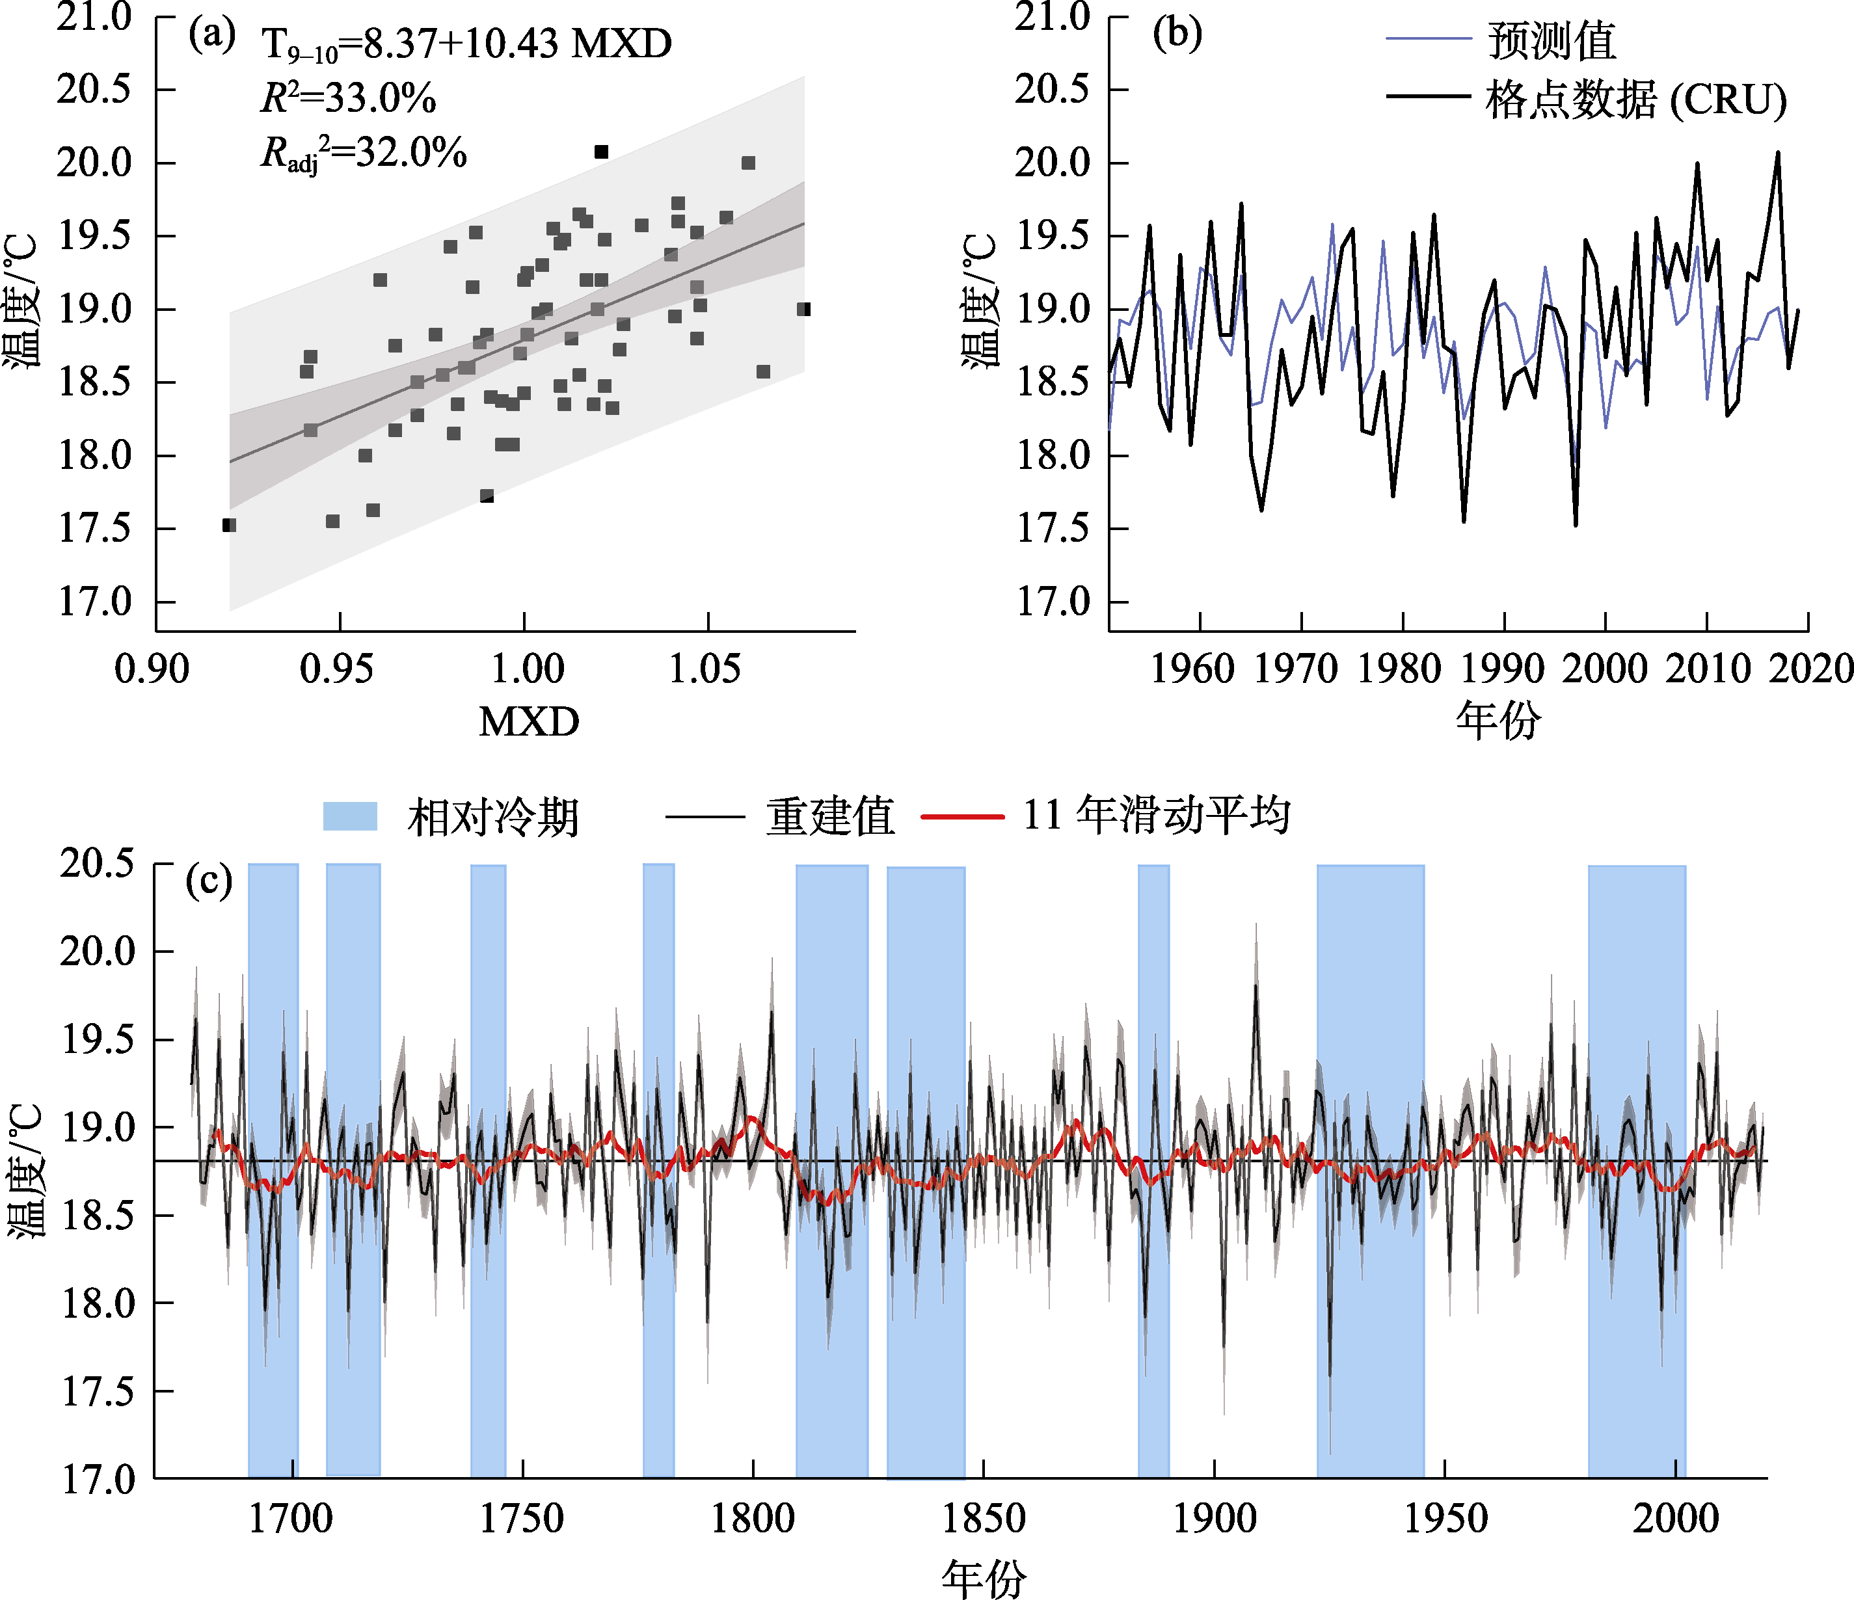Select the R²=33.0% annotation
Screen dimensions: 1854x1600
pyautogui.click(x=348, y=98)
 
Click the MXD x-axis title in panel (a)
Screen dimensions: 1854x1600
pyautogui.click(x=529, y=721)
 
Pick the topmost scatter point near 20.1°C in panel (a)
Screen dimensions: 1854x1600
pyautogui.click(x=601, y=152)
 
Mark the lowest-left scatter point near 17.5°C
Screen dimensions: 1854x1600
pyautogui.click(x=229, y=526)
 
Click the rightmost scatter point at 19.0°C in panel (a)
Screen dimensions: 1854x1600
pyautogui.click(x=805, y=310)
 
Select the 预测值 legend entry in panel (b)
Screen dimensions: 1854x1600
pyautogui.click(x=1501, y=40)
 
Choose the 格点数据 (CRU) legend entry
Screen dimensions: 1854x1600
pyautogui.click(x=1585, y=98)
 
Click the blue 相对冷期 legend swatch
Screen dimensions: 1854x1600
pyautogui.click(x=350, y=816)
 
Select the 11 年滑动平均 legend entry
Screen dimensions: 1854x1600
pyautogui.click(x=1106, y=815)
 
